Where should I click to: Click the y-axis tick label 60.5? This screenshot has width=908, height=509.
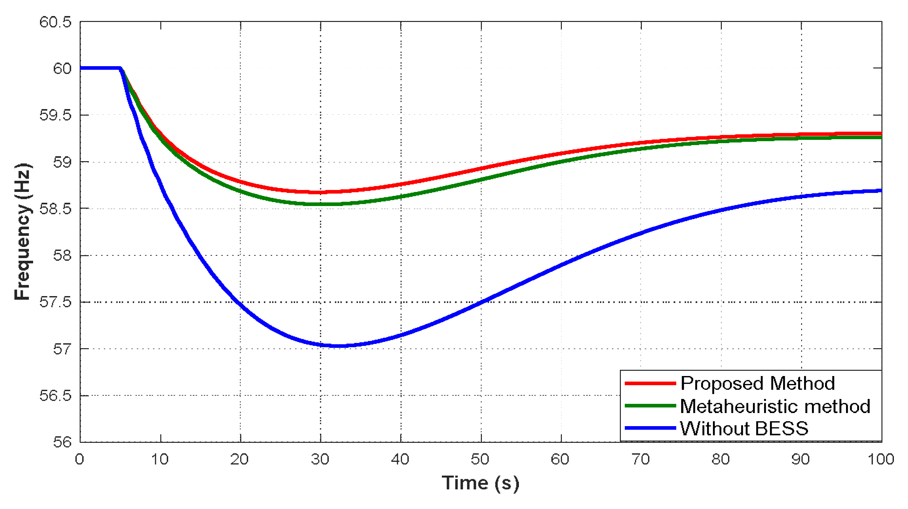pyautogui.click(x=55, y=22)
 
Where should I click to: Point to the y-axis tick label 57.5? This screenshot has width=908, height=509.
pyautogui.click(x=55, y=302)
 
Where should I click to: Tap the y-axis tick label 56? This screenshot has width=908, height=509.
pyautogui.click(x=62, y=442)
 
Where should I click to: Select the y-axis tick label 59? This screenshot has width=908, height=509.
pyautogui.click(x=62, y=162)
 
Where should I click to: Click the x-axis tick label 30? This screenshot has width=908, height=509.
pyautogui.click(x=320, y=459)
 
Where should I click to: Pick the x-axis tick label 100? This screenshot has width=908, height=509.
pyautogui.click(x=881, y=459)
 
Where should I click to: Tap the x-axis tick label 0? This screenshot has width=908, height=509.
pyautogui.click(x=80, y=459)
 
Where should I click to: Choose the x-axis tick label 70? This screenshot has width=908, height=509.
pyautogui.click(x=641, y=459)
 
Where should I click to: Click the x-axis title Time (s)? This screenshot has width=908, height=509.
pyautogui.click(x=480, y=483)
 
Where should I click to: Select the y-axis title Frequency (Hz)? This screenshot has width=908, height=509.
pyautogui.click(x=22, y=232)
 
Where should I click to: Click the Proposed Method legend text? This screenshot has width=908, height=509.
pyautogui.click(x=758, y=383)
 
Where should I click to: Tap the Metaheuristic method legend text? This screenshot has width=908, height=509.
pyautogui.click(x=775, y=406)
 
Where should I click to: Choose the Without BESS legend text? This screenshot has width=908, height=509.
pyautogui.click(x=744, y=428)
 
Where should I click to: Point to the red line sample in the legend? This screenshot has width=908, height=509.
pyautogui.click(x=650, y=383)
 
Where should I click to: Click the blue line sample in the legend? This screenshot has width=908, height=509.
pyautogui.click(x=650, y=428)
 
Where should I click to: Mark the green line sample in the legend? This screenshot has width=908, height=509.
pyautogui.click(x=650, y=406)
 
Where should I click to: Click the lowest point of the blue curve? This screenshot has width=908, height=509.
pyautogui.click(x=337, y=346)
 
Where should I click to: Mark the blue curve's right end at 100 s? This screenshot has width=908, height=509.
pyautogui.click(x=881, y=191)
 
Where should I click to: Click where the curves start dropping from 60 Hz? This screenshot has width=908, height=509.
pyautogui.click(x=121, y=68)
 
